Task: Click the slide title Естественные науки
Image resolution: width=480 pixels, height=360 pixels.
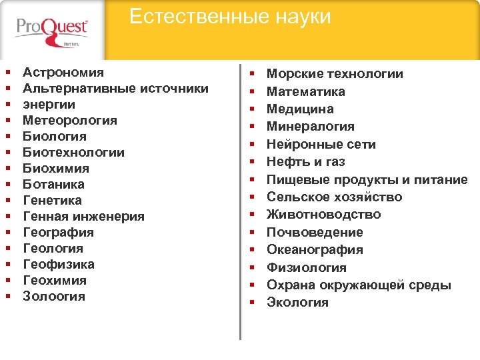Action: coord(229,17)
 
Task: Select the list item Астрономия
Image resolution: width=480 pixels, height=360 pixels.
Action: coord(63,72)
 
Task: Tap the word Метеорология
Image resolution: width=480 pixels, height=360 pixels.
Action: coord(70,120)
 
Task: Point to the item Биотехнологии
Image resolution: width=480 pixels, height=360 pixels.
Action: coord(73,152)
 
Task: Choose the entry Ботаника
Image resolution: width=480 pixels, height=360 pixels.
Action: coord(53,184)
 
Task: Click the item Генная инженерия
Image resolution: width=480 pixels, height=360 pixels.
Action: coord(83,216)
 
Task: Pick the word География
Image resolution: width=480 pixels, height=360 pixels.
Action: coord(58,232)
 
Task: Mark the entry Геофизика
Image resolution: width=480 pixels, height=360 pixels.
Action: coord(58,264)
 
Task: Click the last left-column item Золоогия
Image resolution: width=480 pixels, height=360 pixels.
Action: coord(54,296)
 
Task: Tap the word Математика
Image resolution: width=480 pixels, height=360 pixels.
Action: coord(306,91)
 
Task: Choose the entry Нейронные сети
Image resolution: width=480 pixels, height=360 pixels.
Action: coord(321,144)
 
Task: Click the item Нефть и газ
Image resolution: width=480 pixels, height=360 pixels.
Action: coord(306,161)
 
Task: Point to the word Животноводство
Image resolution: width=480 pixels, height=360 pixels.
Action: coord(324,214)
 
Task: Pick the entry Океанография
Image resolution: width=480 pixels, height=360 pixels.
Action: coord(315,249)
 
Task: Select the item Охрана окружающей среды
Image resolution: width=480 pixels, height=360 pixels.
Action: coord(359,285)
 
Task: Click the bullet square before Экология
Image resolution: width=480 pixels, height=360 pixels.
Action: coord(253,303)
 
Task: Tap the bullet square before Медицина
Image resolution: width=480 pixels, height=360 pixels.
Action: coord(253,109)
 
